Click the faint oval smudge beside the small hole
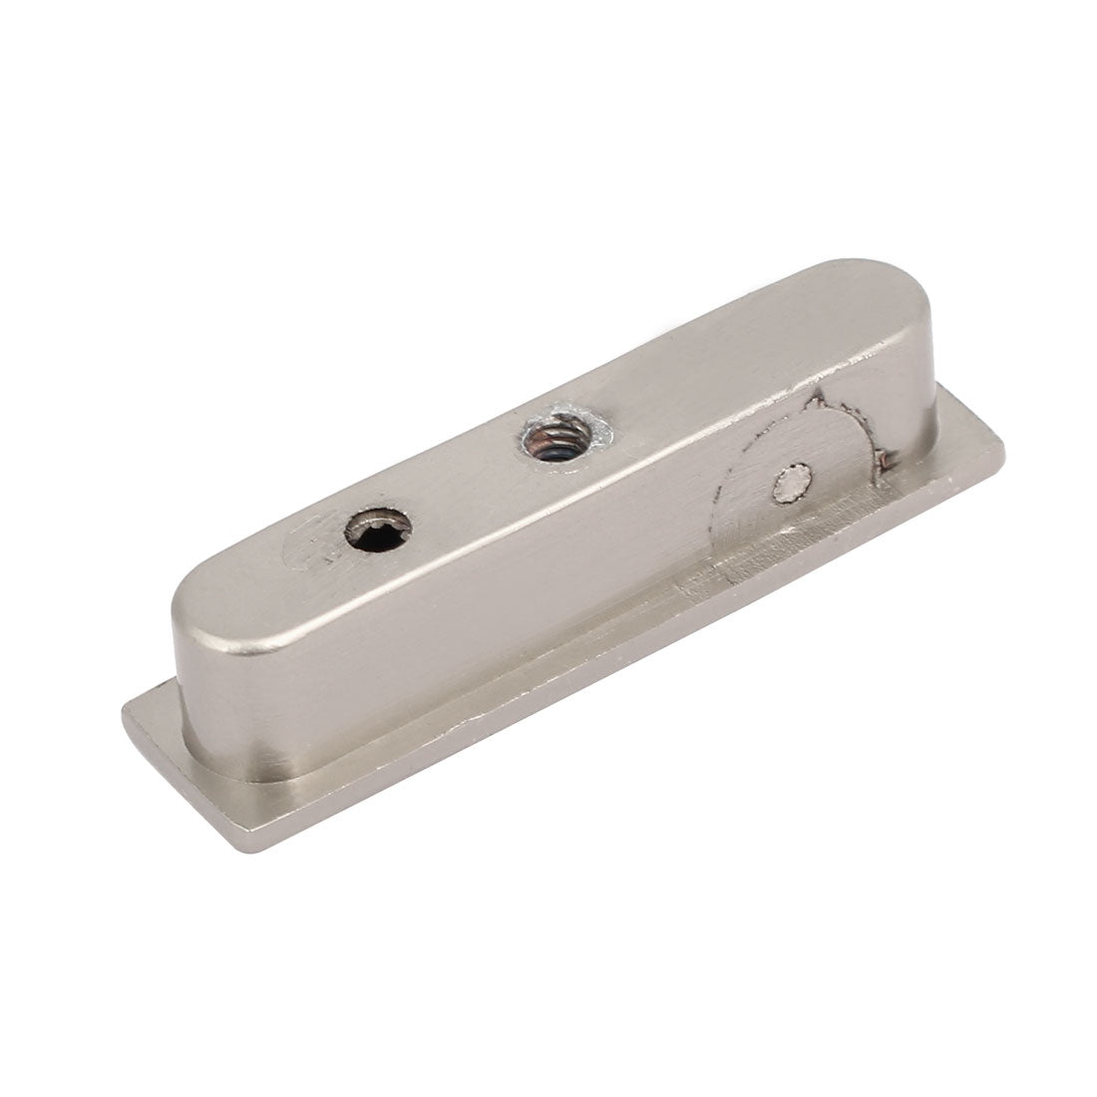[304, 544]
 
